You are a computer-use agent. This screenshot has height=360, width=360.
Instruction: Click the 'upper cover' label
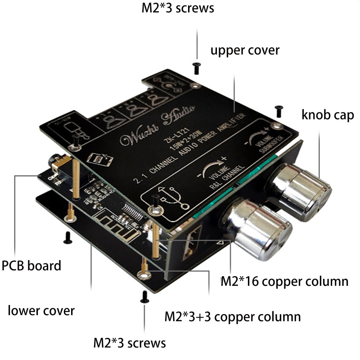(x=245, y=49)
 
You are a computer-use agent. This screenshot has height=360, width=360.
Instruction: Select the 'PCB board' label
(x=31, y=265)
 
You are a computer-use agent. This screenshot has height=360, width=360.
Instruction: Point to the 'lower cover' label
(x=41, y=310)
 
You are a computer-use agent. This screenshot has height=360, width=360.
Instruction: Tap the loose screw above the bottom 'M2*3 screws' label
(x=144, y=296)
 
